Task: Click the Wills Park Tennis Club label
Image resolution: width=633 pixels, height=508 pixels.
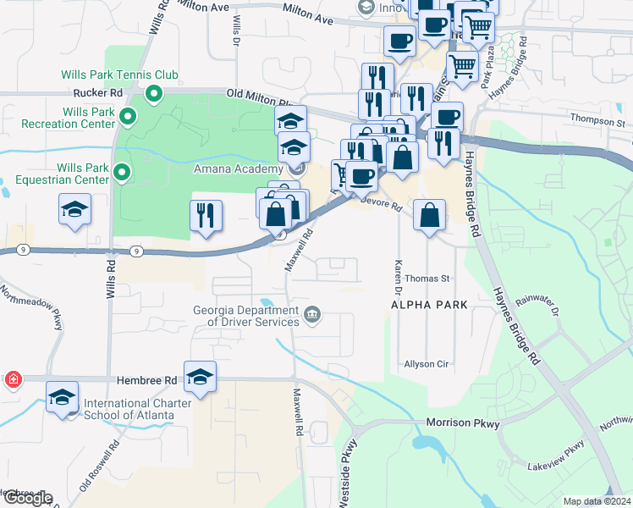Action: point(119,75)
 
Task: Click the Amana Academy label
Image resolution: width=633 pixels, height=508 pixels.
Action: point(240,169)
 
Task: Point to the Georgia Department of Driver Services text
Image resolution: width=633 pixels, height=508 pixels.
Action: point(246,316)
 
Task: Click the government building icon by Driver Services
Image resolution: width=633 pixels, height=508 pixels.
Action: point(313,316)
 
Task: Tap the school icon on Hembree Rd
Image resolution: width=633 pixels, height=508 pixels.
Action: point(200,378)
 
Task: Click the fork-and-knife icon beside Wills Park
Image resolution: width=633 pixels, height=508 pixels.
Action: point(206,217)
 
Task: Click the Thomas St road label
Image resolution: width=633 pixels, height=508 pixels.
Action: point(427,278)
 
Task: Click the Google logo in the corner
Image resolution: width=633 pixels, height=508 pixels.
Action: point(28,499)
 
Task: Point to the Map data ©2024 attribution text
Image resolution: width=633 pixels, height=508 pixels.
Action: point(597,501)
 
